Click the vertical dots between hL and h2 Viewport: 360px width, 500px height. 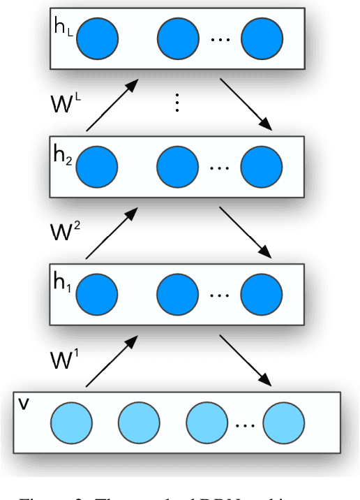(177, 103)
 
